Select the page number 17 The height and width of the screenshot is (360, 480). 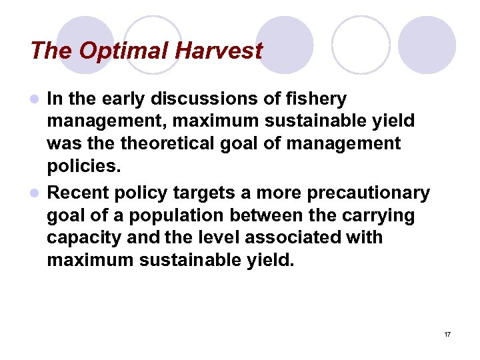coord(447,333)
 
